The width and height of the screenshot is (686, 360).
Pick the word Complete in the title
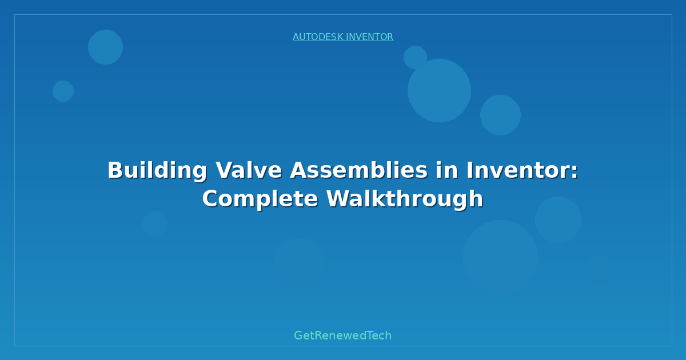(261, 199)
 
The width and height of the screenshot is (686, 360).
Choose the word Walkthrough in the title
(405, 199)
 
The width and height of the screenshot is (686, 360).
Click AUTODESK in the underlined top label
(317, 37)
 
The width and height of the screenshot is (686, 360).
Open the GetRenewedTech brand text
(343, 335)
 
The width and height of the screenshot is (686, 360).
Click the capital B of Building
(115, 170)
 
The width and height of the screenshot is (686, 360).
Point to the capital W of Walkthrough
(337, 199)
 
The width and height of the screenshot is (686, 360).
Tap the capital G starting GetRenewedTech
(298, 335)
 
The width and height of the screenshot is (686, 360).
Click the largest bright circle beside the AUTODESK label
(439, 90)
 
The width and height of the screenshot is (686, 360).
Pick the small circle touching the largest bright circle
(415, 57)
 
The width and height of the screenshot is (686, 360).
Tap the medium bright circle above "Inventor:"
(500, 115)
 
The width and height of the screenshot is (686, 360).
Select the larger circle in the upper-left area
(105, 47)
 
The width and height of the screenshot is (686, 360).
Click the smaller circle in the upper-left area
(63, 91)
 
